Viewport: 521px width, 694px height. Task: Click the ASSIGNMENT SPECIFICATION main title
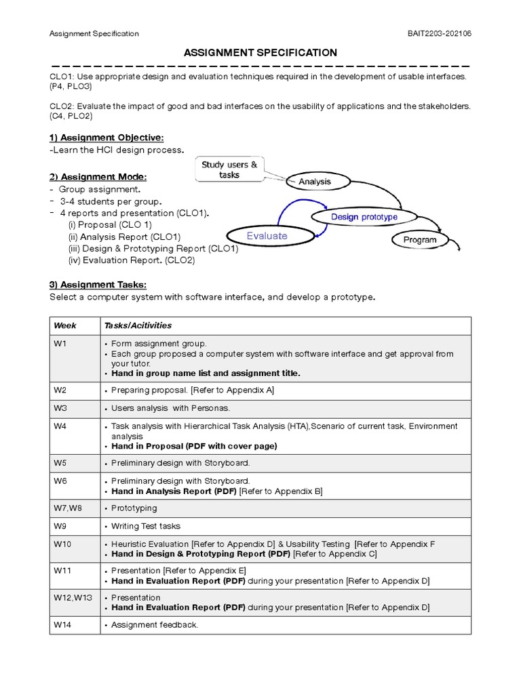click(x=260, y=52)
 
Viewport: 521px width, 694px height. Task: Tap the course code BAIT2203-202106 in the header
click(x=435, y=33)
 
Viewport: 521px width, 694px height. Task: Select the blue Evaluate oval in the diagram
click(x=267, y=236)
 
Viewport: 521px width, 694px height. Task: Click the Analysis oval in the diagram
click(x=315, y=182)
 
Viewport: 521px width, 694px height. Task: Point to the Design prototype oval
click(x=364, y=217)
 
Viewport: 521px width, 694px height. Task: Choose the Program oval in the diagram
click(x=420, y=240)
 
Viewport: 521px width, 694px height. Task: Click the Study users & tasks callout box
click(x=229, y=169)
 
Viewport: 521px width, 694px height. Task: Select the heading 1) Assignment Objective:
click(x=107, y=138)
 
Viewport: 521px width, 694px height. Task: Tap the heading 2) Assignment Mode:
click(x=98, y=177)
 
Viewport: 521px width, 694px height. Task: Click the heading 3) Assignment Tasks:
click(x=98, y=285)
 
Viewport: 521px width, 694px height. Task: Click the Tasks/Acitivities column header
click(x=138, y=325)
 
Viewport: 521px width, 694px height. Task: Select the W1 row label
click(x=60, y=344)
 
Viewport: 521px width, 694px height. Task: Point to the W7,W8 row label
click(x=67, y=508)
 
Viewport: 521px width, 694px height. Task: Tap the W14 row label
click(x=62, y=625)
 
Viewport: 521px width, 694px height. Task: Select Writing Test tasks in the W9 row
click(x=146, y=526)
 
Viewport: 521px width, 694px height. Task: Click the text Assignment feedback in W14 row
click(x=155, y=625)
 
